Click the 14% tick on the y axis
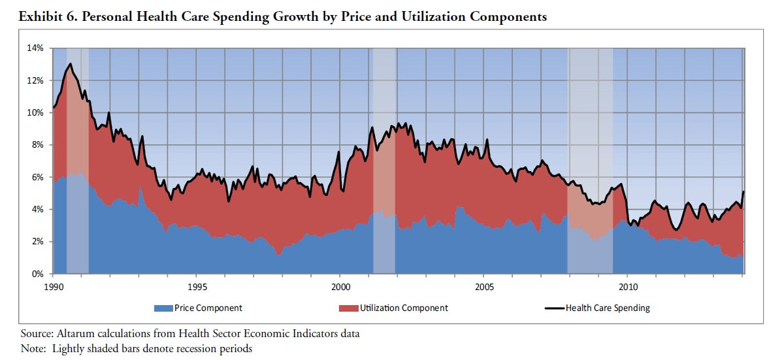[35, 48]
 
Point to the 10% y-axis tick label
[35, 112]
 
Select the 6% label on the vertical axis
[37, 177]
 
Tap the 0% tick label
[37, 274]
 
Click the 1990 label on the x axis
[53, 286]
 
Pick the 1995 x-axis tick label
[197, 286]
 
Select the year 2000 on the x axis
[340, 286]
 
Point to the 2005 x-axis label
[484, 286]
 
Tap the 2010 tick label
[628, 286]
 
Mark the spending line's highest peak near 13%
[70, 64]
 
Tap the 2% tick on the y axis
[37, 242]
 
